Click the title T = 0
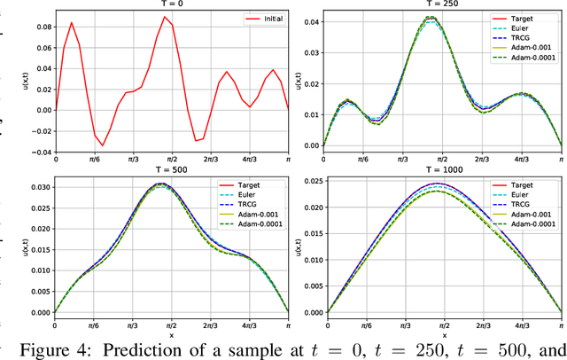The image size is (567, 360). coord(171,4)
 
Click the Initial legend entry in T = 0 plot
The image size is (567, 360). coord(268,19)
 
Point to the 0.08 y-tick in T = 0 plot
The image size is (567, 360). coord(40,27)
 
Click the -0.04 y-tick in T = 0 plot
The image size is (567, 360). coord(38,152)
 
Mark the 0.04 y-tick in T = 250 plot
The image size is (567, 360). coord(311,20)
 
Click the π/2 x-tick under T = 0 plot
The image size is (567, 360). coord(171,160)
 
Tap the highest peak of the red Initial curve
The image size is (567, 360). coord(164,16)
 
